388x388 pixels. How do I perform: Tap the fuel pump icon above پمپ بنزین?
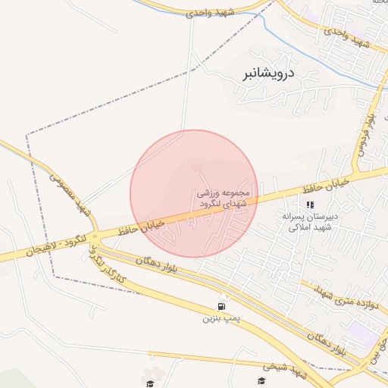(221, 306)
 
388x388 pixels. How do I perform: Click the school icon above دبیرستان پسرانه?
(308, 205)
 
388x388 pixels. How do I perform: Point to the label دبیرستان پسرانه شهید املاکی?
(308, 223)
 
